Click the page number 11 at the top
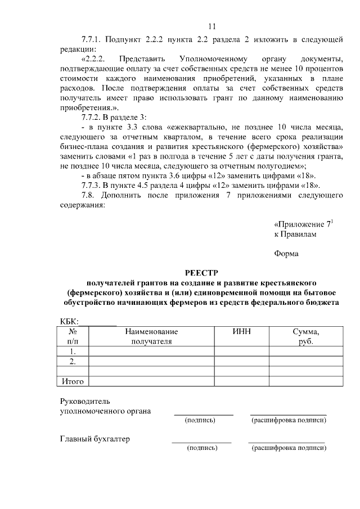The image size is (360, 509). tap(211, 26)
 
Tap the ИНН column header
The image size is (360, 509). tap(241, 332)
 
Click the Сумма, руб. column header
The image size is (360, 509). tap(306, 336)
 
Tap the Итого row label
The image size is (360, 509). tap(73, 381)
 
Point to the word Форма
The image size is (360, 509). tap(286, 253)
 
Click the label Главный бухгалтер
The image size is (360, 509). tap(95, 439)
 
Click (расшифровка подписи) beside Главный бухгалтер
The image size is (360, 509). tap(289, 448)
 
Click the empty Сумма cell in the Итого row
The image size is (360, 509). tap(306, 381)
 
